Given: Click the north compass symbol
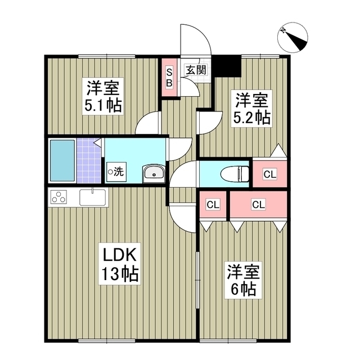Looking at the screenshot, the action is tap(292, 37).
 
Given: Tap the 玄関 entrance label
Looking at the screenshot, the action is tap(196, 69).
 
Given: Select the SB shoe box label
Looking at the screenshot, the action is tap(169, 78).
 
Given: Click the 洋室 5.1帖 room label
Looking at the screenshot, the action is tap(103, 96).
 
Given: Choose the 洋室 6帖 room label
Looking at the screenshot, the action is tap(244, 280).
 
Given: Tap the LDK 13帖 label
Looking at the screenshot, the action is tap(120, 264).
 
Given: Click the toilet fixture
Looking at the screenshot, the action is tap(235, 174).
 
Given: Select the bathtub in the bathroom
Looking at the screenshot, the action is tap(62, 160).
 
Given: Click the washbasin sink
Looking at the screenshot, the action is tap(154, 174).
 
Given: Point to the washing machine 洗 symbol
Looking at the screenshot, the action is tap(116, 172).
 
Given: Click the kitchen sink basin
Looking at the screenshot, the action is tap(93, 197).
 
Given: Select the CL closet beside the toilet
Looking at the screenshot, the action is tap(270, 174).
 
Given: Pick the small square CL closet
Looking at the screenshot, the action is tap(213, 204).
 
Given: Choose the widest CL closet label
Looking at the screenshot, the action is tap(259, 204).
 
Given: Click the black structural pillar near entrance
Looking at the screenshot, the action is tap(226, 66).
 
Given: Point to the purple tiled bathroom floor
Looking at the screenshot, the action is tap(88, 160).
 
